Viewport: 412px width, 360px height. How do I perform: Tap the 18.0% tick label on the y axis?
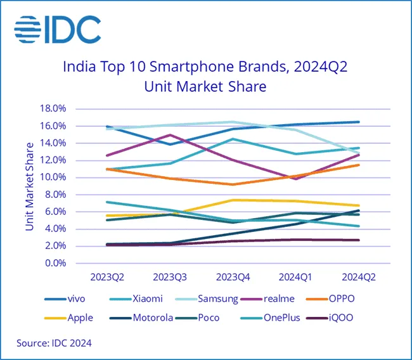[54, 109]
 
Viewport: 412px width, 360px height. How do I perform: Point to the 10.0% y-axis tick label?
[54, 177]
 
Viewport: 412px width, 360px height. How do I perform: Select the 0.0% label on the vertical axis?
[56, 263]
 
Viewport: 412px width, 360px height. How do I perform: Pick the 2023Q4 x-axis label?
[233, 277]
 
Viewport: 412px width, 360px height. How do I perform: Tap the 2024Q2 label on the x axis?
[359, 277]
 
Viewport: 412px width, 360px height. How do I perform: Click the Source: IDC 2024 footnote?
[55, 343]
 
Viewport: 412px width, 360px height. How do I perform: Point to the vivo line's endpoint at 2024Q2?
[359, 122]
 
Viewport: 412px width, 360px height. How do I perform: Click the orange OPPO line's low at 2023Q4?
[233, 184]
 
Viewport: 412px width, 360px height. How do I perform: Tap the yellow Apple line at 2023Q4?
[233, 200]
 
